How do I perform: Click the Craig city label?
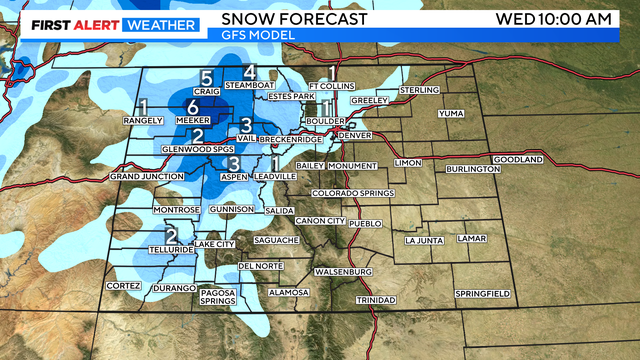click(206, 91)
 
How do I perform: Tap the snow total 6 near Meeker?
click(192, 108)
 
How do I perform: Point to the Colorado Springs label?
click(346, 192)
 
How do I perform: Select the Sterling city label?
click(419, 90)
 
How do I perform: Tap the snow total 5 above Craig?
click(206, 77)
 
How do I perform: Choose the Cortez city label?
click(123, 286)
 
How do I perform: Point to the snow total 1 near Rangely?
click(144, 105)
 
